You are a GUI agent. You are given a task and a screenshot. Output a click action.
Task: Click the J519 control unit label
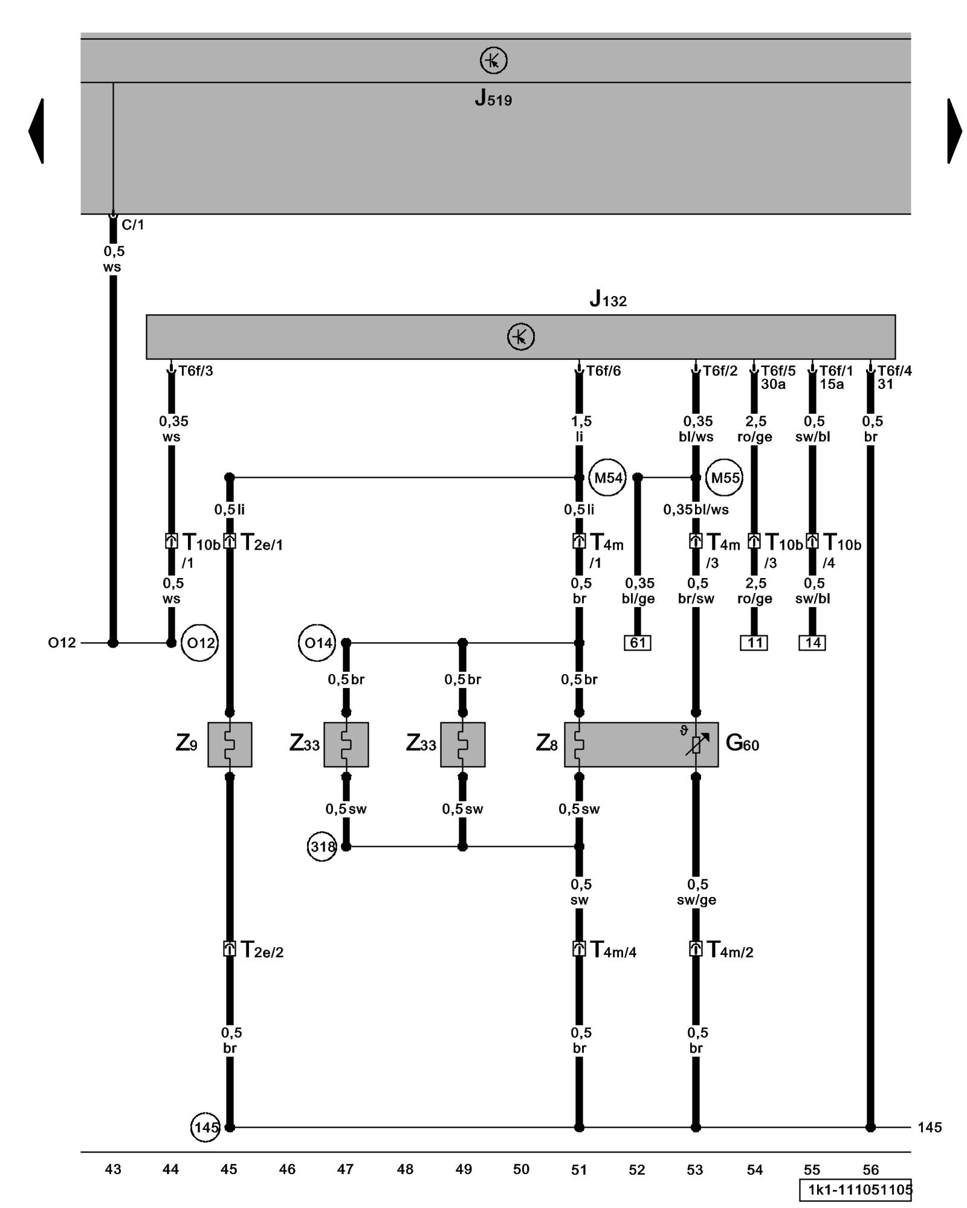[x=493, y=98]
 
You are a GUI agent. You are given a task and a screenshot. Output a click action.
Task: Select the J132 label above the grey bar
[x=608, y=299]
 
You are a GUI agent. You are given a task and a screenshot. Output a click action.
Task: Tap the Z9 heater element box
[x=230, y=744]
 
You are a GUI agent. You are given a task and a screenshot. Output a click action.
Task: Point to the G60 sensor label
[x=742, y=743]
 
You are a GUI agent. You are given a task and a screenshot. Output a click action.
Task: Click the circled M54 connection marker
[x=607, y=478]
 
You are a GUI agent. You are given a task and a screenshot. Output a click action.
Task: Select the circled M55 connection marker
[x=725, y=478]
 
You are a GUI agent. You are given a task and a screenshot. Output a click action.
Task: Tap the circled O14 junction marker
[x=317, y=643]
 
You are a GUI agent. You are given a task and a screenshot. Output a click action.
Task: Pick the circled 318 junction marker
[x=322, y=847]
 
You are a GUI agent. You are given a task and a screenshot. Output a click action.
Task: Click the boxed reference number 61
[x=638, y=643]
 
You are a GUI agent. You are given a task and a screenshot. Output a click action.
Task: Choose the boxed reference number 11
[x=754, y=643]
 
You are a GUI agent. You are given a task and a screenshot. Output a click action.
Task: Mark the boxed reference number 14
[x=812, y=643]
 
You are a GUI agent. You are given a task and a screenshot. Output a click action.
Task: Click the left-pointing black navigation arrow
[x=36, y=130]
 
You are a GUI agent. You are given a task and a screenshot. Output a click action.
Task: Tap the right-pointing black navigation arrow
[x=954, y=130]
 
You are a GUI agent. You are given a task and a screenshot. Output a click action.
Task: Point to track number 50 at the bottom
[x=521, y=1169]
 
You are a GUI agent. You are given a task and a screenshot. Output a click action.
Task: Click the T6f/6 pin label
[x=603, y=371]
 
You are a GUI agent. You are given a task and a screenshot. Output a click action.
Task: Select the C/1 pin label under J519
[x=133, y=225]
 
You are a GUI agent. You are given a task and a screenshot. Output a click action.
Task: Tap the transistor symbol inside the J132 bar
[x=521, y=336]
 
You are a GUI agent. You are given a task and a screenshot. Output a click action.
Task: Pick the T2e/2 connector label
[x=262, y=951]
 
